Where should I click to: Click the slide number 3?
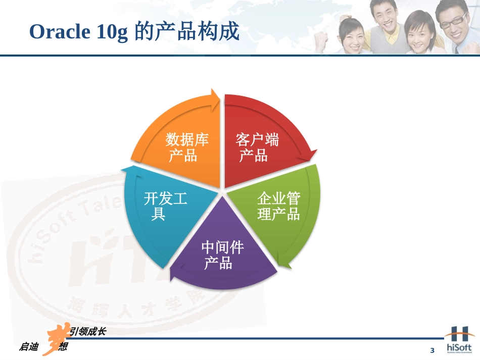coord(432,350)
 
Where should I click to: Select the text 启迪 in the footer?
coord(29,347)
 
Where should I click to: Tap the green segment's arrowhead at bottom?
coord(286,263)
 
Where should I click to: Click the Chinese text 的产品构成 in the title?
coord(187,32)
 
